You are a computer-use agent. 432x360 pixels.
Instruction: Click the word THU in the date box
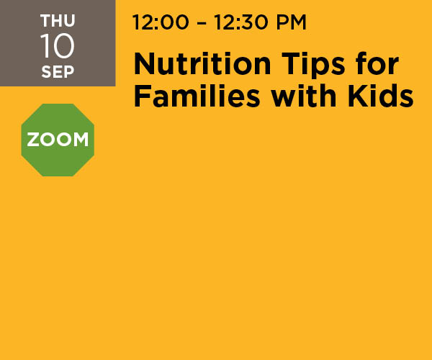[x=58, y=21]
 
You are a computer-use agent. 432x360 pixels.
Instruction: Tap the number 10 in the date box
[x=57, y=46]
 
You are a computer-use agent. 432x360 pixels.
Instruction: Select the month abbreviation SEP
[x=58, y=72]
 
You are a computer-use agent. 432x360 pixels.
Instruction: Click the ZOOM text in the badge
[x=58, y=140]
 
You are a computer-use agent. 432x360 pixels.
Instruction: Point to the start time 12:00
[x=161, y=22]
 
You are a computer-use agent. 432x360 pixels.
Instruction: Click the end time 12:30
[x=240, y=22]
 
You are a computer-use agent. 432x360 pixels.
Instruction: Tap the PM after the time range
[x=291, y=22]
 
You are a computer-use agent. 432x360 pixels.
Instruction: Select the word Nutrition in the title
[x=202, y=64]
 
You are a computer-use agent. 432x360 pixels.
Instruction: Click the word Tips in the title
[x=313, y=66]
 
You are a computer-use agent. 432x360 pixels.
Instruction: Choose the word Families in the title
[x=197, y=96]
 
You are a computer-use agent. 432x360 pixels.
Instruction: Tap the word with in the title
[x=304, y=95]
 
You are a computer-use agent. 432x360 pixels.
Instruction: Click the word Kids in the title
[x=380, y=95]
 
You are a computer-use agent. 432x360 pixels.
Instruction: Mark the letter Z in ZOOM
[x=33, y=140]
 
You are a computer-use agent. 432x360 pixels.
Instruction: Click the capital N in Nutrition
[x=144, y=64]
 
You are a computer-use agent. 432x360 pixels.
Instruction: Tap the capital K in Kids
[x=358, y=96]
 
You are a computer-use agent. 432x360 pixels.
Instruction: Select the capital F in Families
[x=142, y=96]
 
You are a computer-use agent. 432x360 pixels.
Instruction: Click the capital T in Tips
[x=291, y=64]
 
